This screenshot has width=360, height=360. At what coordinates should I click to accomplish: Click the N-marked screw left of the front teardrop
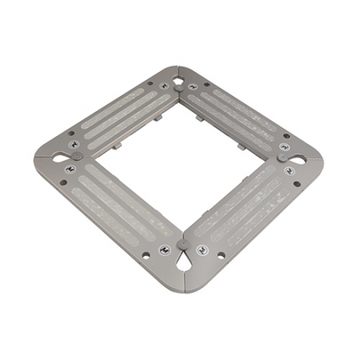coord(165,249)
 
